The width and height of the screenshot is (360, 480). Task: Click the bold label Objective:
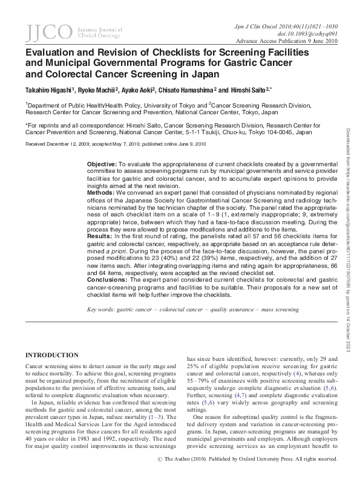pyautogui.click(x=102, y=164)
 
